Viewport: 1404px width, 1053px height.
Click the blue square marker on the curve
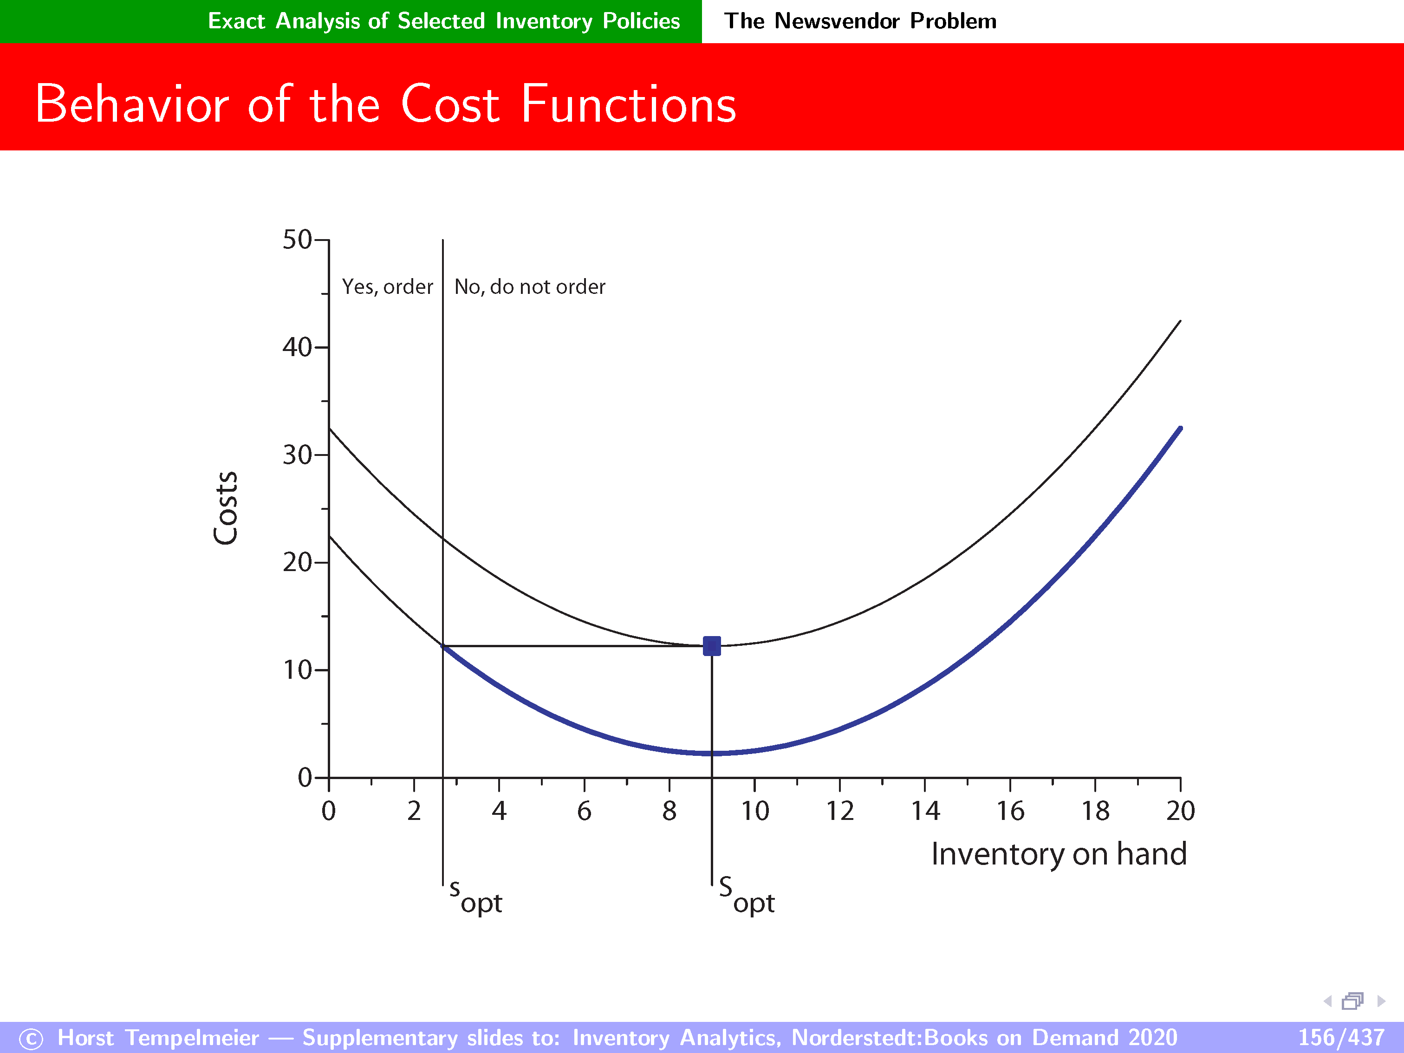pyautogui.click(x=712, y=646)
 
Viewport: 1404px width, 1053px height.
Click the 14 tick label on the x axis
pyautogui.click(x=925, y=811)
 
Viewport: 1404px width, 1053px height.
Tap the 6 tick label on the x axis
pyautogui.click(x=584, y=811)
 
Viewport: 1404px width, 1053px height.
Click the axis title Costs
pyautogui.click(x=225, y=508)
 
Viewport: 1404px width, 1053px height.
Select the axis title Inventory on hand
pyautogui.click(x=1059, y=854)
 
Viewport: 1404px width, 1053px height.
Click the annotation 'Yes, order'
pyautogui.click(x=387, y=287)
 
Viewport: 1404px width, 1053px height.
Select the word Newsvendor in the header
pyautogui.click(x=837, y=21)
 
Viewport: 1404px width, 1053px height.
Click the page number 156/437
pyautogui.click(x=1340, y=1037)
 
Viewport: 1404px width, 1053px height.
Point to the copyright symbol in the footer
pyautogui.click(x=31, y=1039)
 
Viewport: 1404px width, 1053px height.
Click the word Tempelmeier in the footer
pyautogui.click(x=192, y=1038)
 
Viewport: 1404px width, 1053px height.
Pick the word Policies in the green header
pyautogui.click(x=641, y=21)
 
